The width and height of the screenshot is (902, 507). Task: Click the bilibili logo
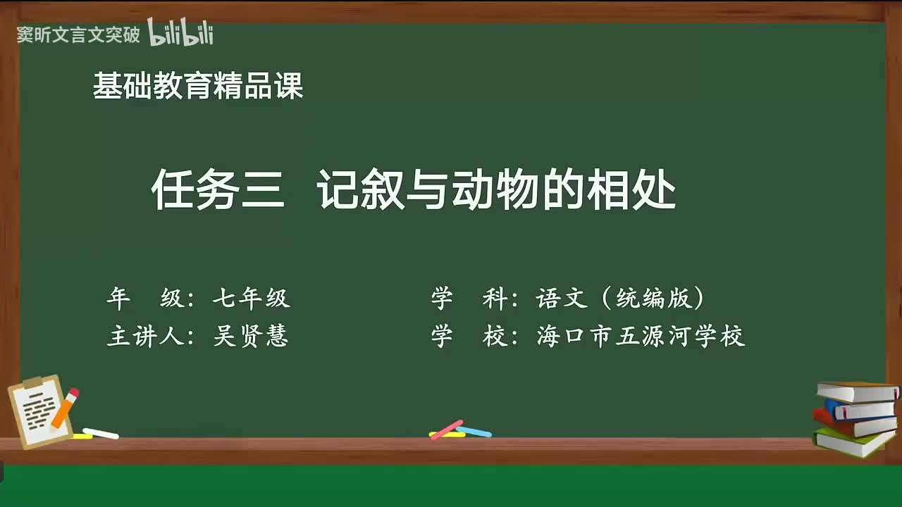point(180,33)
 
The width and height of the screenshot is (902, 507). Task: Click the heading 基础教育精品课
point(198,87)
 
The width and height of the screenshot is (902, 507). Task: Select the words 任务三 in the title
point(218,190)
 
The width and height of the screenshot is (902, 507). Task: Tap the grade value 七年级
point(251,299)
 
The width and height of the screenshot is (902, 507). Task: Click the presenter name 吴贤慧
point(251,337)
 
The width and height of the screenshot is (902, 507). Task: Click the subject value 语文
point(562,299)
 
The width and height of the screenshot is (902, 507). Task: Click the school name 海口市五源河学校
point(641,337)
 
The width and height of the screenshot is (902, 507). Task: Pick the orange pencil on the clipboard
point(64,408)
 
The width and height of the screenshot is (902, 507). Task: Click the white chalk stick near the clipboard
point(101,434)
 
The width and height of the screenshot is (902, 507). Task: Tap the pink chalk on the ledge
point(446,429)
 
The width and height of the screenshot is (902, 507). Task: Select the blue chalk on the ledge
point(474,431)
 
